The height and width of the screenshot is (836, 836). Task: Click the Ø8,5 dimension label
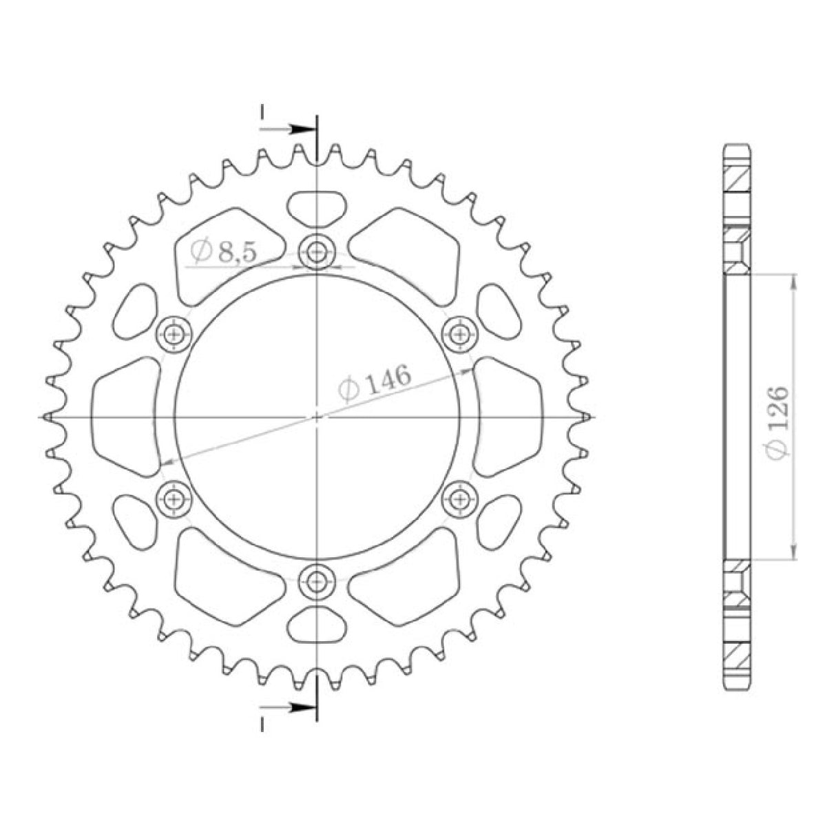(224, 252)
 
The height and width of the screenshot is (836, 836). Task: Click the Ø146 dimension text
(375, 383)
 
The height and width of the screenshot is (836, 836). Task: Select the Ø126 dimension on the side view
(776, 420)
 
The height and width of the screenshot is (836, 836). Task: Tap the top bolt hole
(317, 253)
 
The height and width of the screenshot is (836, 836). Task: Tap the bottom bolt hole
(317, 581)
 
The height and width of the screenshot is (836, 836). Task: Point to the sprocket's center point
(317, 417)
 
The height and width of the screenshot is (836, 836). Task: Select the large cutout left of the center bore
(124, 417)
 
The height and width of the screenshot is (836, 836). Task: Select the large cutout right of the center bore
(508, 417)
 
